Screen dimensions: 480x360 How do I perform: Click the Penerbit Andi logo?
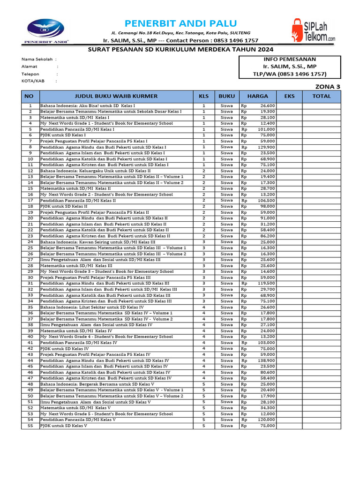coord(45,31)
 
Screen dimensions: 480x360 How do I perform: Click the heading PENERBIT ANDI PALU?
coord(180,23)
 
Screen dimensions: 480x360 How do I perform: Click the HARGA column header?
coord(258,96)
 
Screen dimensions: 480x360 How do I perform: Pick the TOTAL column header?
coord(322,96)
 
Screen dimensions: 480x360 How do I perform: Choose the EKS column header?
coord(289,96)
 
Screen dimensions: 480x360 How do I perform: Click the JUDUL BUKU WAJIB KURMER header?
coord(116,96)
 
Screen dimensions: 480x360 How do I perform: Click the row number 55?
coord(30,426)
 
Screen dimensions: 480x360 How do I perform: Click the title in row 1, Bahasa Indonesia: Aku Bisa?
coord(87,106)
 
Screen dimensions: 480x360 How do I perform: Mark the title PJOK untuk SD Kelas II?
coord(64,206)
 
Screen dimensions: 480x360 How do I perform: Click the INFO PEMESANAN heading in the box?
coord(290,59)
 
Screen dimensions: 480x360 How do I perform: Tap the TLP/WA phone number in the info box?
coord(290,74)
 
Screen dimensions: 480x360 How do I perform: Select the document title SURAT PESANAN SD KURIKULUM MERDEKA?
coord(180,50)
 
